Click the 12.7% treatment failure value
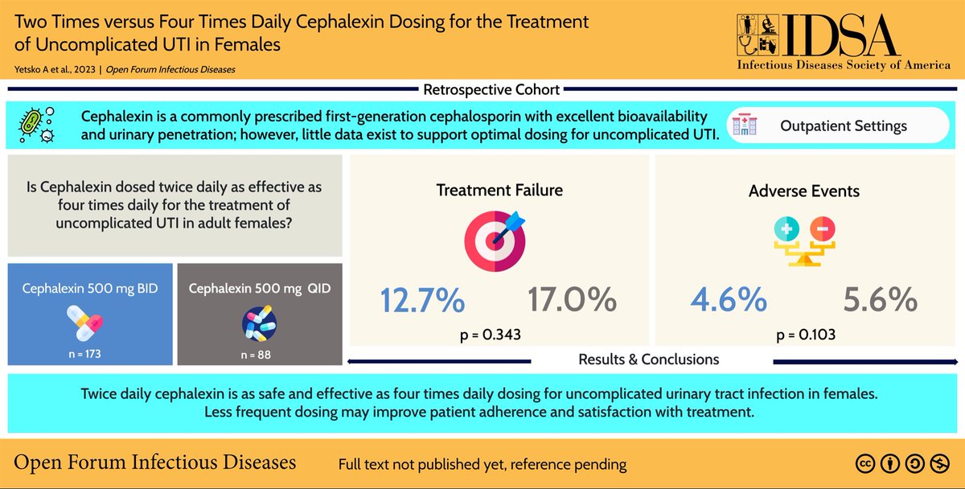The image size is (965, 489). [x=422, y=301]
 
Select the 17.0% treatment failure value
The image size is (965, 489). [x=572, y=301]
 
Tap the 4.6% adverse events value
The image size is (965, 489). [x=729, y=301]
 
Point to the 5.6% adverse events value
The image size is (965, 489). [x=880, y=301]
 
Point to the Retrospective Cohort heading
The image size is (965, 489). [x=491, y=89]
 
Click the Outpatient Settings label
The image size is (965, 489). [x=844, y=126]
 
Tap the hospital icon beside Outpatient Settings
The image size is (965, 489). [x=745, y=127]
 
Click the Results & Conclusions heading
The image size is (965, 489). [x=648, y=360]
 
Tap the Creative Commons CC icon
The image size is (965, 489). [x=865, y=463]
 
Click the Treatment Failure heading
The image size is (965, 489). [x=499, y=191]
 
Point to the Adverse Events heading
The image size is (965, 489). [x=804, y=191]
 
